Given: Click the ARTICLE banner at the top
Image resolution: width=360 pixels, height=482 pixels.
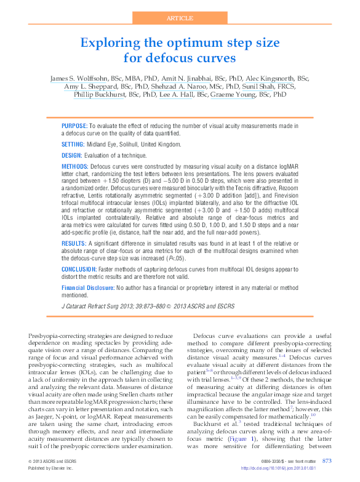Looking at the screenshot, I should (x=180, y=18).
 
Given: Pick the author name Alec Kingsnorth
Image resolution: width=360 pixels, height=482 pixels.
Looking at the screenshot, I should (x=269, y=79).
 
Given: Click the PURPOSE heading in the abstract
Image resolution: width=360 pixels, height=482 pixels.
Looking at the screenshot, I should (x=75, y=125).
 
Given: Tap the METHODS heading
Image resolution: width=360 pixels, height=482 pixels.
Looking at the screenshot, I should (x=75, y=167).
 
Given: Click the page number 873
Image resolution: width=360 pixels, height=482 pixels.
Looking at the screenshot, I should (x=327, y=460).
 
